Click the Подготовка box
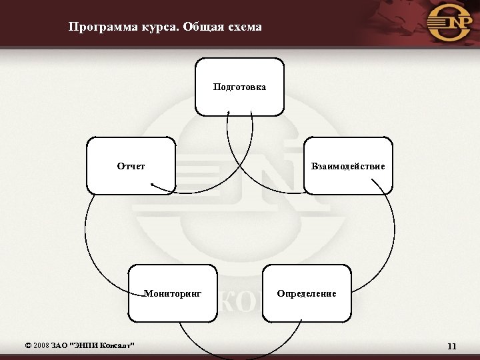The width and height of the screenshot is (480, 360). click(x=239, y=87)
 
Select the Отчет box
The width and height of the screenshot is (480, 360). click(x=131, y=166)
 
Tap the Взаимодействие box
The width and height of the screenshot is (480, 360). click(x=348, y=166)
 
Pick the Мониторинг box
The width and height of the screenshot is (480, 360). click(x=173, y=293)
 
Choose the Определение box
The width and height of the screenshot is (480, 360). click(x=307, y=293)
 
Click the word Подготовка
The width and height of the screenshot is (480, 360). click(x=239, y=87)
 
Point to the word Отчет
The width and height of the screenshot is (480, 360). click(x=131, y=166)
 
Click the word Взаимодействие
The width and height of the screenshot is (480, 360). click(x=348, y=166)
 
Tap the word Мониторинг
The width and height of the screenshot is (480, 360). click(x=173, y=293)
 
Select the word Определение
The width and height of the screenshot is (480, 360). click(x=307, y=293)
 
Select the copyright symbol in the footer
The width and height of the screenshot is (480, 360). click(x=27, y=345)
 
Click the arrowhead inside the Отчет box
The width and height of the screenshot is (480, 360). click(x=152, y=185)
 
